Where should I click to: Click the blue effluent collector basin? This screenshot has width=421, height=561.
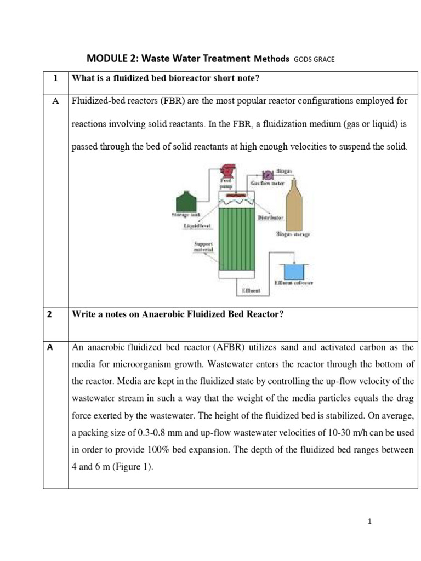click(294, 271)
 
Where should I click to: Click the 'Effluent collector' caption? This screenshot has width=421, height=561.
click(294, 283)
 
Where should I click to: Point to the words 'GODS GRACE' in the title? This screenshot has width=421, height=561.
click(314, 59)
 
